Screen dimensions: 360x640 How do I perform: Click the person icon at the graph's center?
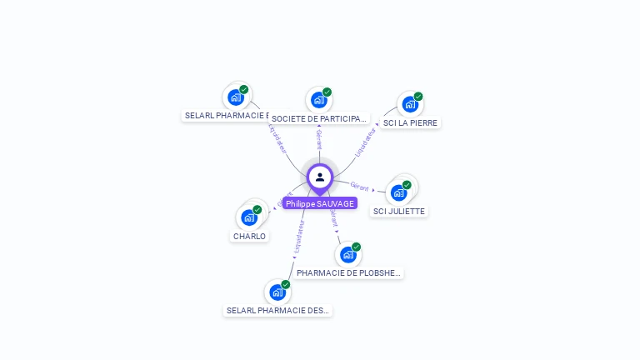click(x=320, y=177)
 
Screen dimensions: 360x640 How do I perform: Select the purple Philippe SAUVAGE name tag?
click(x=320, y=203)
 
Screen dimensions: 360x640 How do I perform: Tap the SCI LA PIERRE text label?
click(x=410, y=122)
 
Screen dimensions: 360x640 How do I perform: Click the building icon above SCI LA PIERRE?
click(x=409, y=104)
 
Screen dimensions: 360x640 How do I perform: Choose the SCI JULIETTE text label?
click(x=399, y=211)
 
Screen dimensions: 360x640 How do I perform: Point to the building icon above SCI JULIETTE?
click(x=398, y=192)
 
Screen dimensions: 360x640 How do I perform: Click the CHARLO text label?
click(x=249, y=236)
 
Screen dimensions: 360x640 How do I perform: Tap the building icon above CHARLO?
click(x=248, y=217)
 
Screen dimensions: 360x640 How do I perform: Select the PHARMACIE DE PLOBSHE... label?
click(x=349, y=272)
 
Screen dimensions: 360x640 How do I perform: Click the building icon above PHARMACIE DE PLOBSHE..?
click(x=347, y=254)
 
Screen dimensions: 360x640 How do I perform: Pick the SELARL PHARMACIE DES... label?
click(x=278, y=310)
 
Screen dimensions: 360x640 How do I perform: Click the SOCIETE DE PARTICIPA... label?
click(x=319, y=118)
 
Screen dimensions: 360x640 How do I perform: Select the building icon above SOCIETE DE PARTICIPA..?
click(x=318, y=100)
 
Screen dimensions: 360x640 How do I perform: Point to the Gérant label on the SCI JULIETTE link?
click(x=359, y=186)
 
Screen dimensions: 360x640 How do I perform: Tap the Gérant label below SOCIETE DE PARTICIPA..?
click(x=319, y=139)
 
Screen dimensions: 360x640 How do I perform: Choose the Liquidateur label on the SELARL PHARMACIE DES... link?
click(x=297, y=237)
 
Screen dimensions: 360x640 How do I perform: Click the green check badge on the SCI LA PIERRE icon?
click(x=418, y=97)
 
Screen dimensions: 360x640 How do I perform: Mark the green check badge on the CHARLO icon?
click(x=257, y=210)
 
